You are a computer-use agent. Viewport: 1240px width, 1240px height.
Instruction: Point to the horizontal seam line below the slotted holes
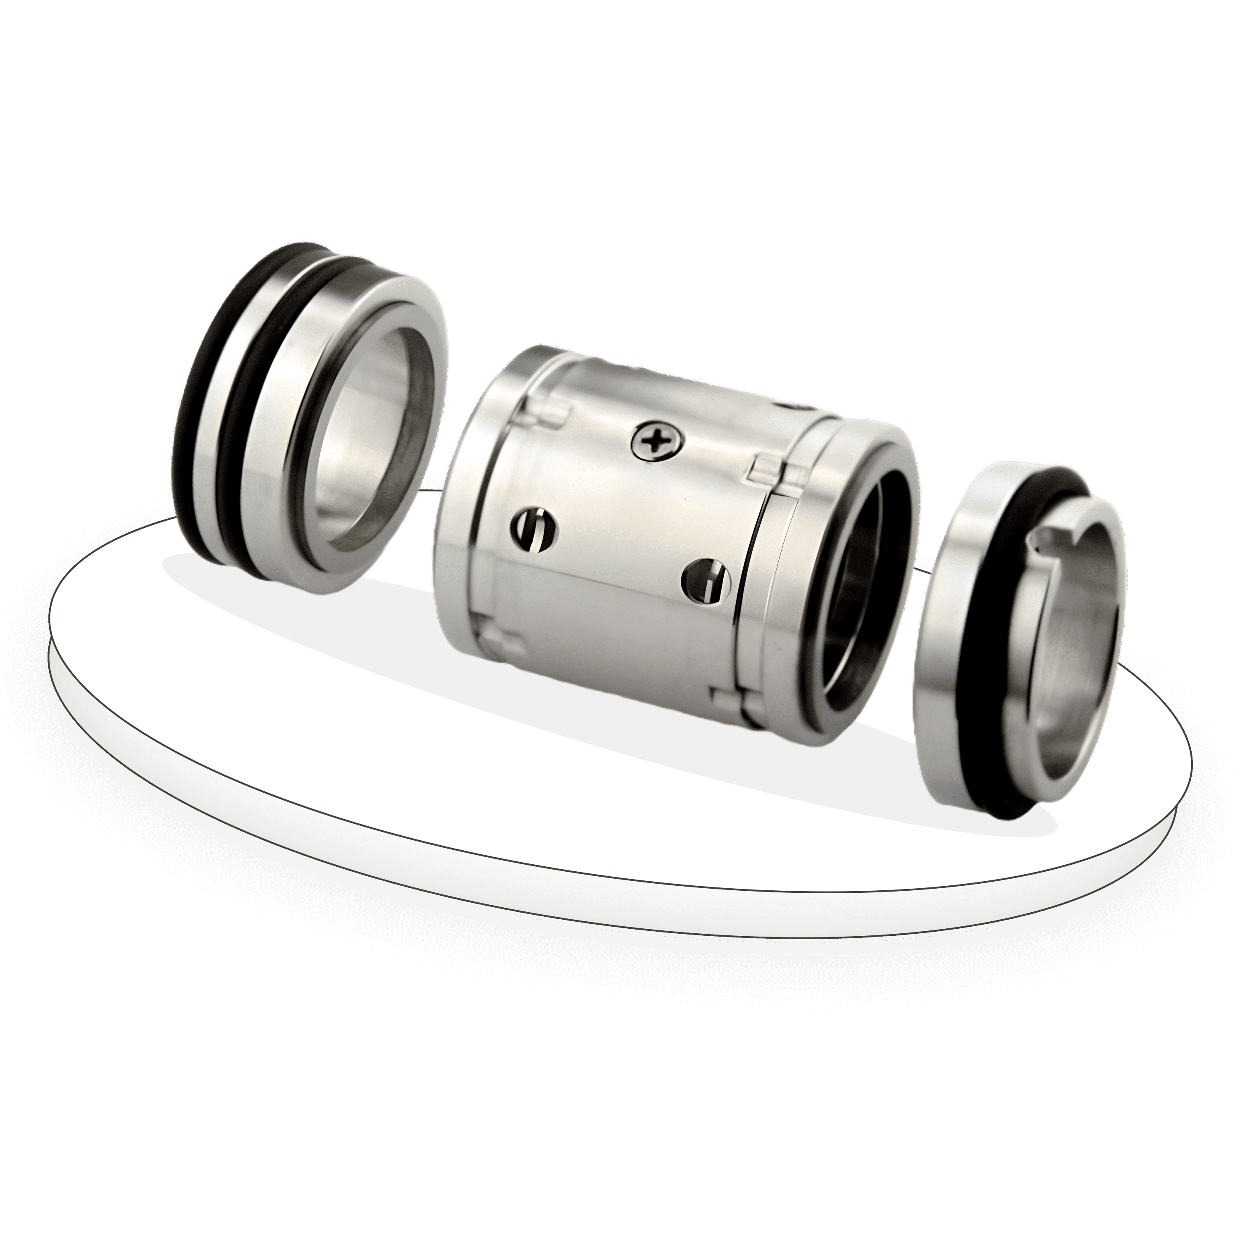(x=610, y=587)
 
